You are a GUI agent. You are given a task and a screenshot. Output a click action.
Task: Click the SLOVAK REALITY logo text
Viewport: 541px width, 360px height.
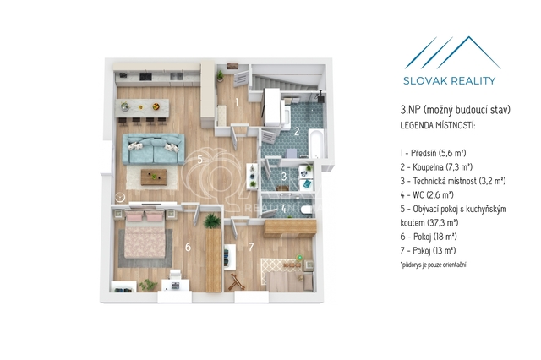(449, 80)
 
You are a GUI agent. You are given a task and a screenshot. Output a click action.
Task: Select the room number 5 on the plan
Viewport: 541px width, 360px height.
(199, 160)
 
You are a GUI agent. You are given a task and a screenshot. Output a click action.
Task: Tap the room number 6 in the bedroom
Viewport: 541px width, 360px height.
(188, 247)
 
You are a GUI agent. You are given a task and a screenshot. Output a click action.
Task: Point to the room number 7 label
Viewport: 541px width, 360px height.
(251, 247)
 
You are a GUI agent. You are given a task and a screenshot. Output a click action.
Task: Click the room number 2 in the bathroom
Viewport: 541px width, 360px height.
(297, 131)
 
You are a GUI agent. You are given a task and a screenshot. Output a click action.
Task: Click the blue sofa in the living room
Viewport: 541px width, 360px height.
(154, 149)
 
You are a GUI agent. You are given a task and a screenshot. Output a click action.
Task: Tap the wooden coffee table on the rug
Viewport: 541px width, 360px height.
(154, 177)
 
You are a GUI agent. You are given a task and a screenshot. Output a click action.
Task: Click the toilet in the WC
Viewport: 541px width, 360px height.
(306, 210)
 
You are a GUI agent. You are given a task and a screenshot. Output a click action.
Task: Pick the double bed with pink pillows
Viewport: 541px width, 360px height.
(145, 234)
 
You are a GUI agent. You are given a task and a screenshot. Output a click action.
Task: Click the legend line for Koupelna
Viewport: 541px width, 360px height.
(436, 167)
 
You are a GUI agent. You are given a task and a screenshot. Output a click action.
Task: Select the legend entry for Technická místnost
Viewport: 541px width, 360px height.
(453, 181)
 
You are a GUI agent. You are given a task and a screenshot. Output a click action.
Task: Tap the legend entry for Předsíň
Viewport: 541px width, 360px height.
(434, 153)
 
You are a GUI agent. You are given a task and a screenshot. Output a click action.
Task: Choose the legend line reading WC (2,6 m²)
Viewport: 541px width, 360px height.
(427, 195)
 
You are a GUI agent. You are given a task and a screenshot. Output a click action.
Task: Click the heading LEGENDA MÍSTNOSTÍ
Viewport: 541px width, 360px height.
(438, 126)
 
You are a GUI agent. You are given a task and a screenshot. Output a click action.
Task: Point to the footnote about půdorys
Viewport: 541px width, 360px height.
(434, 265)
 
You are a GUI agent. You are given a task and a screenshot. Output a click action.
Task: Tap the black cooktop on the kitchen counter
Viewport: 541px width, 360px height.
(145, 77)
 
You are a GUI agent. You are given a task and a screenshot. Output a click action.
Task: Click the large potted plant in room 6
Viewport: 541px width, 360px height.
(211, 221)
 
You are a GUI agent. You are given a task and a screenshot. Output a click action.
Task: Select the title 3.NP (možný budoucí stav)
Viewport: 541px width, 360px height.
(455, 110)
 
